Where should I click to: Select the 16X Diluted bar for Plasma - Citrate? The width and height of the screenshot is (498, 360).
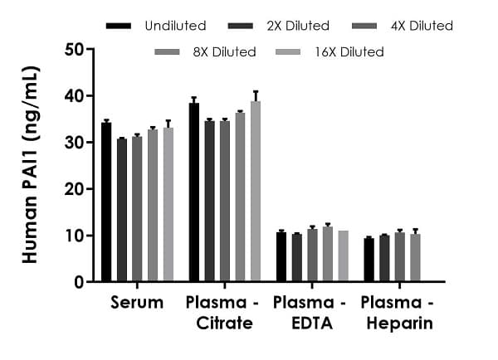(x=256, y=192)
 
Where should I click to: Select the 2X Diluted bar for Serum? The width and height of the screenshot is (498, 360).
(x=122, y=211)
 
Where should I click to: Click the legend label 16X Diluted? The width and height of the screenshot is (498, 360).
(x=350, y=52)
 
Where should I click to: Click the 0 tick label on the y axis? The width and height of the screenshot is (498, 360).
(x=79, y=282)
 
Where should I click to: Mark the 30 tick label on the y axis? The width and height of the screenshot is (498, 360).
(x=75, y=143)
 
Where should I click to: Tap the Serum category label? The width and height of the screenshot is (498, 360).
(x=136, y=303)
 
